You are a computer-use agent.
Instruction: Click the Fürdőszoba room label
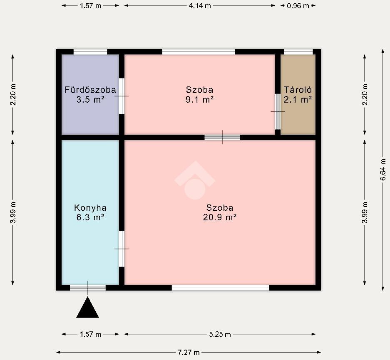(x=90, y=90)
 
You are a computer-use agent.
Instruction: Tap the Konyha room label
(x=90, y=208)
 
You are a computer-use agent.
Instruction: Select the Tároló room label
(x=298, y=90)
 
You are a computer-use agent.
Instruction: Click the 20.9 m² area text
(x=220, y=217)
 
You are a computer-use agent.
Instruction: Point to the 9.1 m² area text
(x=200, y=100)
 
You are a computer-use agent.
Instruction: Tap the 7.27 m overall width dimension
(x=189, y=352)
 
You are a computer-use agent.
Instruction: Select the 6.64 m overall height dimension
(x=383, y=170)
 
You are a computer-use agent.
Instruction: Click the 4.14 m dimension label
(x=200, y=5)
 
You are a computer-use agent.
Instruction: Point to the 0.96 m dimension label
(x=298, y=5)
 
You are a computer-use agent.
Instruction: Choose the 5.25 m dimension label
(x=220, y=334)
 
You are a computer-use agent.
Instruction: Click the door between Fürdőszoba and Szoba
(x=122, y=96)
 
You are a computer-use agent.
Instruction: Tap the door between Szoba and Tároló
(x=278, y=111)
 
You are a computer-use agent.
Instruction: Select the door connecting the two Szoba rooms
(x=222, y=137)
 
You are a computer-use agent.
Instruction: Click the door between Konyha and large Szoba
(x=122, y=249)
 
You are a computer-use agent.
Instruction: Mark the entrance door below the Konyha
(x=87, y=288)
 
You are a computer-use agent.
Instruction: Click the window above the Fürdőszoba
(x=90, y=52)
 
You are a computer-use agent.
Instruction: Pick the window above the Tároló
(x=298, y=52)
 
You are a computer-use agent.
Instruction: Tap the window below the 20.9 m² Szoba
(x=221, y=288)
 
